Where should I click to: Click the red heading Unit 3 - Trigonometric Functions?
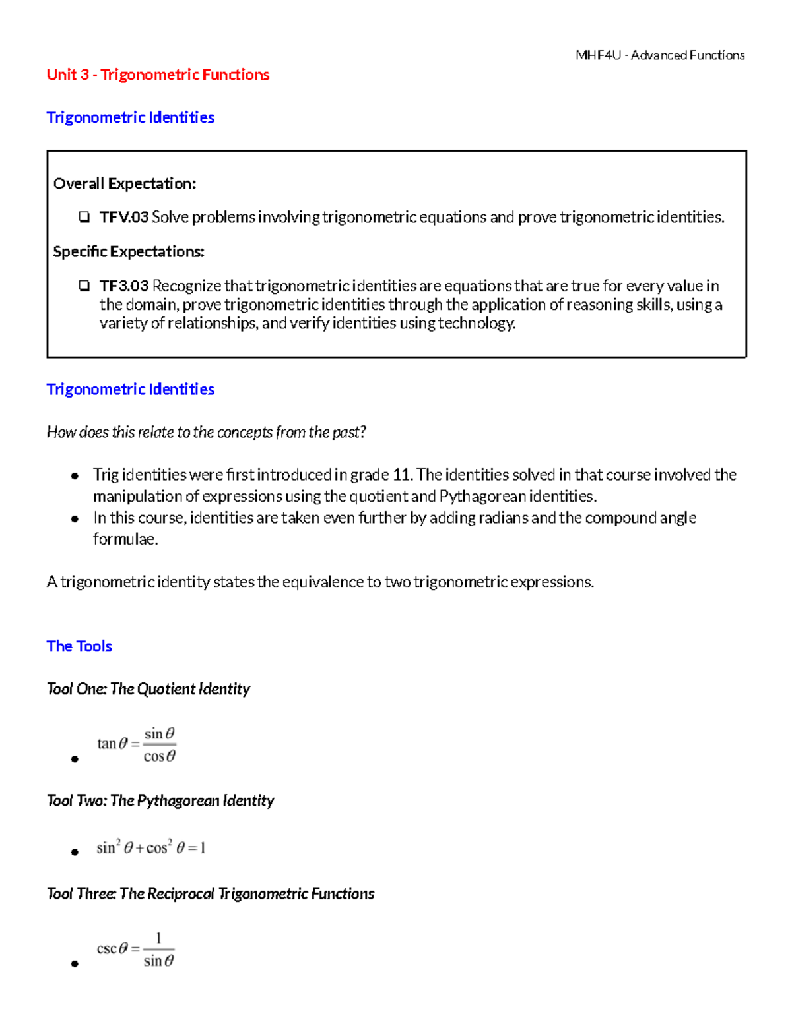[158, 75]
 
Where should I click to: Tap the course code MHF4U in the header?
[598, 55]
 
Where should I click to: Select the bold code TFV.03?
[123, 217]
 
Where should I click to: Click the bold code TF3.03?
[123, 286]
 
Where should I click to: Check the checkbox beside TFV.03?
[84, 217]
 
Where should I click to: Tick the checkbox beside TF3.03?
[84, 286]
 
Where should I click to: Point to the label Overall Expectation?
[124, 183]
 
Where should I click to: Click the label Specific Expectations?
[128, 251]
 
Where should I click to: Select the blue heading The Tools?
[79, 646]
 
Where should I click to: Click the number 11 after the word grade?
[401, 475]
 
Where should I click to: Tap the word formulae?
[125, 539]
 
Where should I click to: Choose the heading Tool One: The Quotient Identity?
[148, 689]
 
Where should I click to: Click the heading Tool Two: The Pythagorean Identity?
[160, 800]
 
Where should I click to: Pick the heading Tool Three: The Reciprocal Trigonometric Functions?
[211, 893]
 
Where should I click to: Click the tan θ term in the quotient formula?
[112, 744]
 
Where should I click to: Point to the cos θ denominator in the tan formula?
[160, 756]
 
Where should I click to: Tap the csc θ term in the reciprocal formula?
[112, 949]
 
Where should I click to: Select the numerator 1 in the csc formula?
[158, 938]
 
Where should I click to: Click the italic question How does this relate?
[206, 432]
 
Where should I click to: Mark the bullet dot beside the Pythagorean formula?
[75, 851]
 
